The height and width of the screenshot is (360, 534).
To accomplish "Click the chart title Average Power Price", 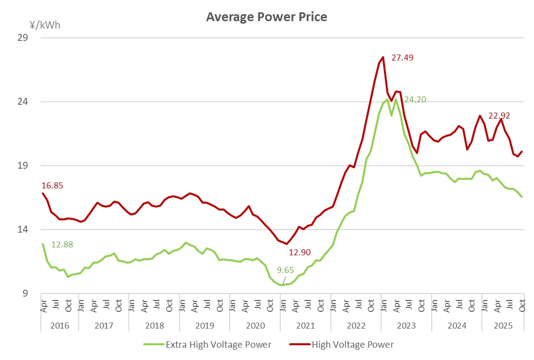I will pyautogui.click(x=267, y=17).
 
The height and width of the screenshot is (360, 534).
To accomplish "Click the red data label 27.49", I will pyautogui.click(x=402, y=58).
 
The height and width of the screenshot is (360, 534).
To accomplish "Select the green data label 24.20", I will pyautogui.click(x=415, y=99).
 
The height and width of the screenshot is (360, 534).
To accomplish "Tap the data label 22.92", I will pyautogui.click(x=499, y=116).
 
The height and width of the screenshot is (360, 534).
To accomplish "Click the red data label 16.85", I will pyautogui.click(x=53, y=185).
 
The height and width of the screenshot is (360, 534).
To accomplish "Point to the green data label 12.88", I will pyautogui.click(x=62, y=244).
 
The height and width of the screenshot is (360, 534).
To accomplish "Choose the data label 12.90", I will pyautogui.click(x=299, y=252).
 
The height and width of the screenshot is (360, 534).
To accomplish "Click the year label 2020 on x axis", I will pyautogui.click(x=255, y=326).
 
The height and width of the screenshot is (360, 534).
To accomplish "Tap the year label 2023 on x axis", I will pyautogui.click(x=406, y=326).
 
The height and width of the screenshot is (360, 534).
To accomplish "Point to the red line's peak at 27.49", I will pyautogui.click(x=383, y=57).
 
